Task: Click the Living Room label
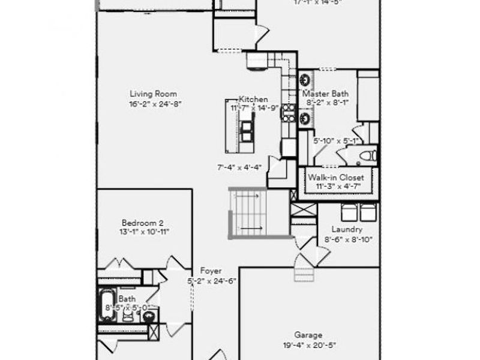tap(153, 94)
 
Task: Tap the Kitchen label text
tap(253, 99)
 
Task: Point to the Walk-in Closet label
tap(335, 178)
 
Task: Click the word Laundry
tap(347, 230)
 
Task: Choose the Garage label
tap(308, 335)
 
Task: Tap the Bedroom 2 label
tap(142, 222)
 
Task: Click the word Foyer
tap(211, 271)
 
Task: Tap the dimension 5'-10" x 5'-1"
tap(336, 141)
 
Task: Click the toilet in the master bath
tap(367, 156)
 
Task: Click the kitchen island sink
tap(247, 128)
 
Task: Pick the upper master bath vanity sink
tap(305, 79)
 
